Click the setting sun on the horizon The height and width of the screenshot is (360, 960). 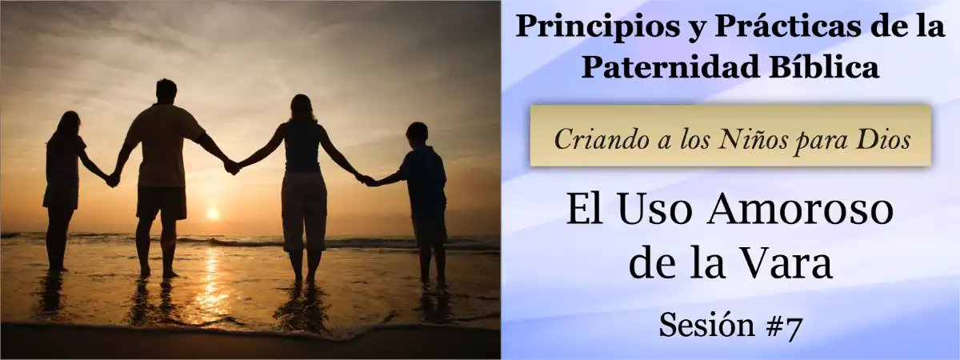click(x=212, y=213)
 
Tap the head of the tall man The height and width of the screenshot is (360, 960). click(x=166, y=90)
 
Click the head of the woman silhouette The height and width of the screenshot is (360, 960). click(x=302, y=107)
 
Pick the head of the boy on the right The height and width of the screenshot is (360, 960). click(x=417, y=134)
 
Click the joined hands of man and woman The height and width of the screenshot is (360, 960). click(x=232, y=166)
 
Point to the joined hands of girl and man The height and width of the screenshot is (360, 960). click(x=113, y=180)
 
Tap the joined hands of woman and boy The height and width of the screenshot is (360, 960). click(x=366, y=180)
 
